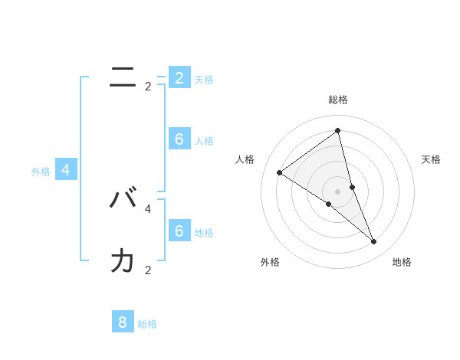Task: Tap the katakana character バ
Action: pyautogui.click(x=123, y=199)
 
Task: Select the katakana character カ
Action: pyautogui.click(x=123, y=260)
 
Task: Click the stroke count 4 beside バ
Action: pyautogui.click(x=148, y=208)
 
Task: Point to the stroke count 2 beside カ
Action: pyautogui.click(x=148, y=270)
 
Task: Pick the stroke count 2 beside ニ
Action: pyautogui.click(x=148, y=87)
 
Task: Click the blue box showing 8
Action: pyautogui.click(x=123, y=322)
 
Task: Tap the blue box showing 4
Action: pyautogui.click(x=66, y=170)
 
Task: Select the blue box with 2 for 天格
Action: pyautogui.click(x=179, y=77)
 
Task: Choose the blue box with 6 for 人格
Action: pyautogui.click(x=179, y=139)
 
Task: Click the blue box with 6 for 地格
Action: pyautogui.click(x=179, y=231)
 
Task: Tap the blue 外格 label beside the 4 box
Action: pyautogui.click(x=41, y=172)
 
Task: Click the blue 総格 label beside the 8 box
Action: pyautogui.click(x=147, y=324)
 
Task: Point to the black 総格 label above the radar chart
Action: pyautogui.click(x=338, y=100)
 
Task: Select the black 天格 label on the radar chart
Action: pyautogui.click(x=431, y=159)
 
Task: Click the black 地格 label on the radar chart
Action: pyautogui.click(x=402, y=262)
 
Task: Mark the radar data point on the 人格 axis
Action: pyautogui.click(x=280, y=172)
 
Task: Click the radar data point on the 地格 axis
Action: pyautogui.click(x=374, y=242)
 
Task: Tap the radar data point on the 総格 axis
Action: pyautogui.click(x=338, y=131)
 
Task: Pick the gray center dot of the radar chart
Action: pyautogui.click(x=338, y=191)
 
